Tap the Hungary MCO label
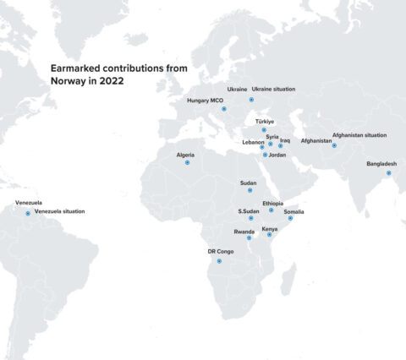tap(204, 101)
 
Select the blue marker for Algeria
tap(188, 162)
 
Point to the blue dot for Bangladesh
tap(388, 173)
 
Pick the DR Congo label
tap(221, 252)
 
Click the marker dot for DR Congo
tap(219, 261)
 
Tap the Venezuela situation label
tap(59, 210)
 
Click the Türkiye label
tap(265, 121)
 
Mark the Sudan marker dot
tap(250, 191)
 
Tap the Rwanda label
tap(244, 231)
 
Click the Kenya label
tap(270, 229)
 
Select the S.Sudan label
tap(249, 210)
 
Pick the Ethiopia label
tap(273, 203)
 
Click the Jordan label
tap(277, 155)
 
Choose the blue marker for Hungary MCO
tap(224, 109)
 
